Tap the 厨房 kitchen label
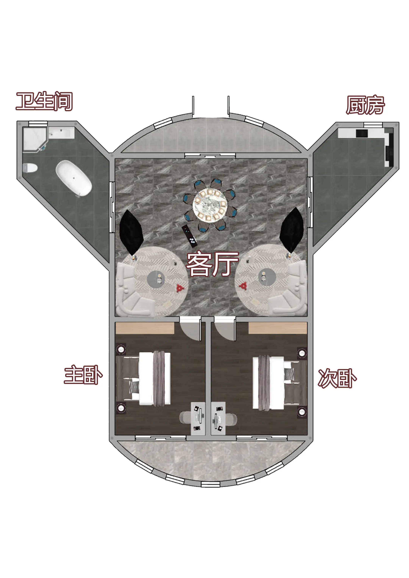(x=365, y=105)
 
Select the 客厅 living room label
(x=212, y=263)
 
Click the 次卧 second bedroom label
(x=337, y=378)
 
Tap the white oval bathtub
(x=74, y=178)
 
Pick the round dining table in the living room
(x=210, y=205)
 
